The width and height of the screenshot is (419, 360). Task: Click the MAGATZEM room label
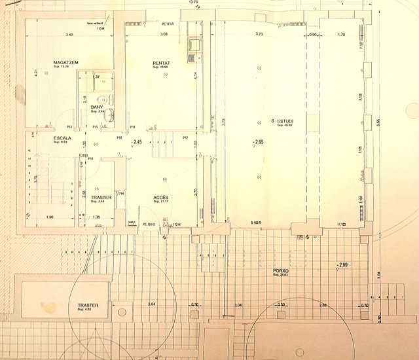coord(65,62)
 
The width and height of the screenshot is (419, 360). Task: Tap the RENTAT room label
coord(161,62)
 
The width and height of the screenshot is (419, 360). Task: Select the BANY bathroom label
coord(97,107)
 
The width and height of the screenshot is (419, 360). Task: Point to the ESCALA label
coord(63,138)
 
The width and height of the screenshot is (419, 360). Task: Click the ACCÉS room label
coord(161,197)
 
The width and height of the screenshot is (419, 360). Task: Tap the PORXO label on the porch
coord(282,270)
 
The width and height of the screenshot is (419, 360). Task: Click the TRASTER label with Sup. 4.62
coord(88,306)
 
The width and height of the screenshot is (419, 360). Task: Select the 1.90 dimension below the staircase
coord(50,217)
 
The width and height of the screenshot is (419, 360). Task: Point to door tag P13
coord(69,126)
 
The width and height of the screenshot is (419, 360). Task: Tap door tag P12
coord(185,137)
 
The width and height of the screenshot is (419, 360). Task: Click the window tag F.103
coord(340,225)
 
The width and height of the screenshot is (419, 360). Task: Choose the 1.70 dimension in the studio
coord(340,34)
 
